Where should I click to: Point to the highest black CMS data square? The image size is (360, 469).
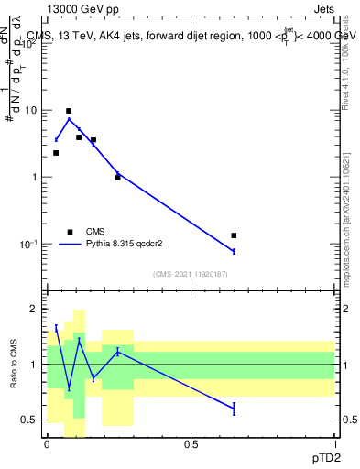[69, 111]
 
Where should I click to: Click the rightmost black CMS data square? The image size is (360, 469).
[234, 235]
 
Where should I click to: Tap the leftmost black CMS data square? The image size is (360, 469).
[56, 153]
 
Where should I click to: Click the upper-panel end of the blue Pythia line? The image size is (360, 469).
[234, 251]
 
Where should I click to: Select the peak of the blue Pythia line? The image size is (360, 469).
[69, 119]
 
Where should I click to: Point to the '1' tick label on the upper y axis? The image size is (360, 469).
[35, 178]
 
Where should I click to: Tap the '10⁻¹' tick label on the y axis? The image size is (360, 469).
[29, 245]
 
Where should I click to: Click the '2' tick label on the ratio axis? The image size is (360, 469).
[35, 310]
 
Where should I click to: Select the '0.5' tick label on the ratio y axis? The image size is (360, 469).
[30, 420]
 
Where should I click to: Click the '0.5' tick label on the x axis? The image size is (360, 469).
[191, 444]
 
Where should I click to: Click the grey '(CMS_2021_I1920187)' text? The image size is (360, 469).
[191, 273]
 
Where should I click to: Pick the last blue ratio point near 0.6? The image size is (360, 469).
[234, 409]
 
